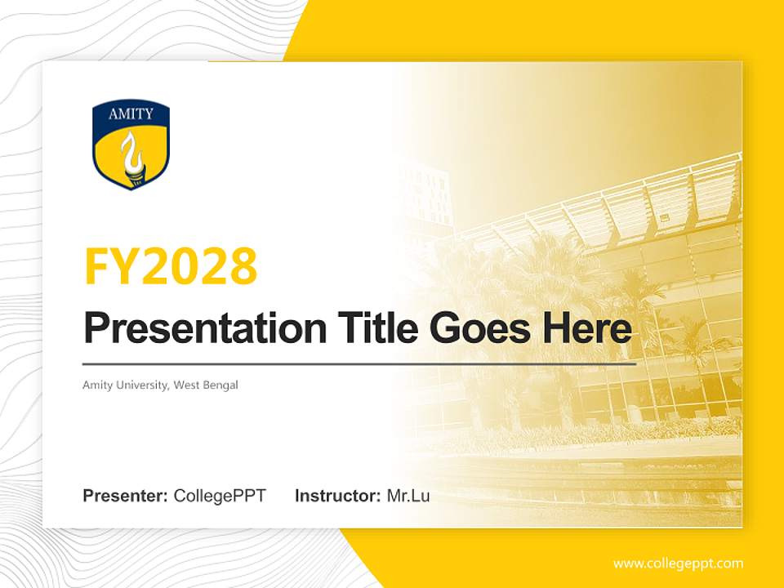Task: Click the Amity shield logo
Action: click(131, 145)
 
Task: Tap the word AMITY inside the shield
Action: click(131, 114)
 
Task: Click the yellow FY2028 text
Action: click(171, 266)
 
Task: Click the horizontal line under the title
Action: click(359, 363)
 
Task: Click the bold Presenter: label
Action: click(126, 496)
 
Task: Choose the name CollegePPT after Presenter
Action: click(220, 496)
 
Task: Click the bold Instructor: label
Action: click(337, 496)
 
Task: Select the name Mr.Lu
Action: click(408, 496)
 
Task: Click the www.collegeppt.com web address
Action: click(678, 563)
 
